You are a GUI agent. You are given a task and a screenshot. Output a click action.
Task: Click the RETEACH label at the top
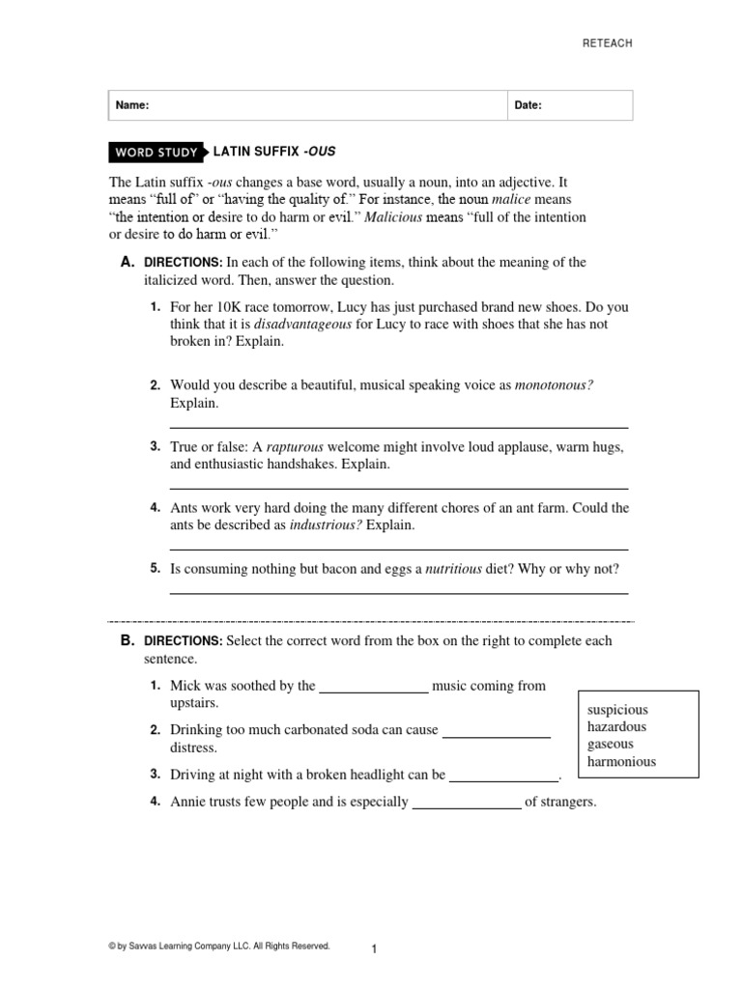tap(607, 43)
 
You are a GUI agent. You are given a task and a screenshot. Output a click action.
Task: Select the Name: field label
tap(132, 106)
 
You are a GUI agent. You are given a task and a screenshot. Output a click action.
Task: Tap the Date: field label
tap(528, 106)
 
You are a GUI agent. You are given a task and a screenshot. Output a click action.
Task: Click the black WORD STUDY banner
tap(157, 153)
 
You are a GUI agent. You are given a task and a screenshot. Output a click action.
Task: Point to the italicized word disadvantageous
tap(301, 325)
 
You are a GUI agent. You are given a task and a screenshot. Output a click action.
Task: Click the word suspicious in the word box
tap(617, 710)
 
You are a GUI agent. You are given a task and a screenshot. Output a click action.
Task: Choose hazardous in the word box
tap(616, 727)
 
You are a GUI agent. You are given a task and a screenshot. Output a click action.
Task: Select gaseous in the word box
tap(611, 745)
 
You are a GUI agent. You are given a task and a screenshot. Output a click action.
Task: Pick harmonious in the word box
tap(621, 762)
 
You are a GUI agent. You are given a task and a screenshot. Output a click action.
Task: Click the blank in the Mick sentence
tap(373, 688)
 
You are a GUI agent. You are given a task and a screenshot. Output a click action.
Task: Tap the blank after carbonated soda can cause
tap(496, 732)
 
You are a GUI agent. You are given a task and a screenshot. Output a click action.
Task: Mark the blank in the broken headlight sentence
tap(504, 776)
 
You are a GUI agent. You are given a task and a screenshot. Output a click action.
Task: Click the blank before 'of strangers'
tap(467, 803)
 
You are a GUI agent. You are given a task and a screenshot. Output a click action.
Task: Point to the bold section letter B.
tap(127, 640)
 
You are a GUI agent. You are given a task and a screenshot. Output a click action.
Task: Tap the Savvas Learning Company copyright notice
tap(219, 947)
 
